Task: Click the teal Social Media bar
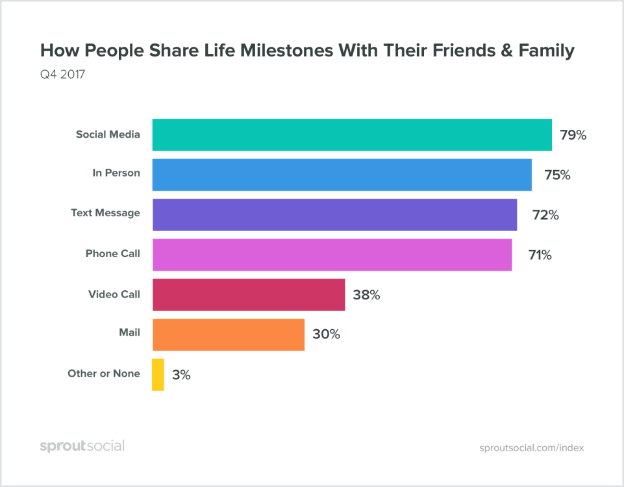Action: pos(352,135)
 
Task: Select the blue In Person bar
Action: pos(342,175)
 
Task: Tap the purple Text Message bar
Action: pos(334,215)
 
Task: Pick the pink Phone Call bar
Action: pos(332,255)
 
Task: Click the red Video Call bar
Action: pos(249,295)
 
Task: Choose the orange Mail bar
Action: pos(229,334)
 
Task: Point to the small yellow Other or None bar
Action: pos(158,375)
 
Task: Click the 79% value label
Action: pos(573,136)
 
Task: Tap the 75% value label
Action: pos(557,175)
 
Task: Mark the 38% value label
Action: pos(366,295)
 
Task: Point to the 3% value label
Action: pos(181,375)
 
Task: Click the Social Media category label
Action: pos(108,135)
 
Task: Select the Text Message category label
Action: pos(105,212)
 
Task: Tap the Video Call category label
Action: pos(114,294)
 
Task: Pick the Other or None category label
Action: pos(104,373)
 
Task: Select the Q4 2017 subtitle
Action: pos(63,75)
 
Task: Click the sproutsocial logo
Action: pos(82,446)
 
